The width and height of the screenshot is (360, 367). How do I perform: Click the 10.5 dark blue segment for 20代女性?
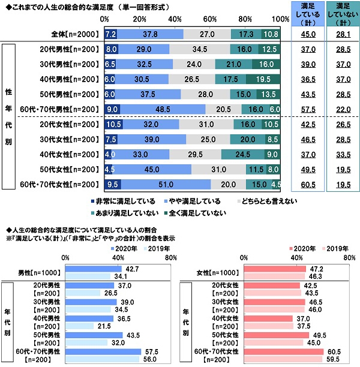click(113, 124)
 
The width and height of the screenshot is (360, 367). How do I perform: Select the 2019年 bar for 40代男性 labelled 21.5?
click(79, 325)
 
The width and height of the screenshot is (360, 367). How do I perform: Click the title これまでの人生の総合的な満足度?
click(57, 5)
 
